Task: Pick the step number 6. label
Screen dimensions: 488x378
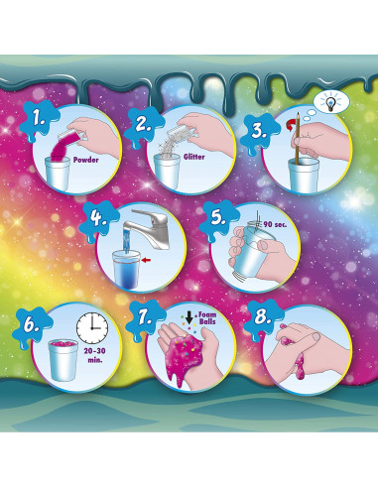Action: point(33,322)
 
